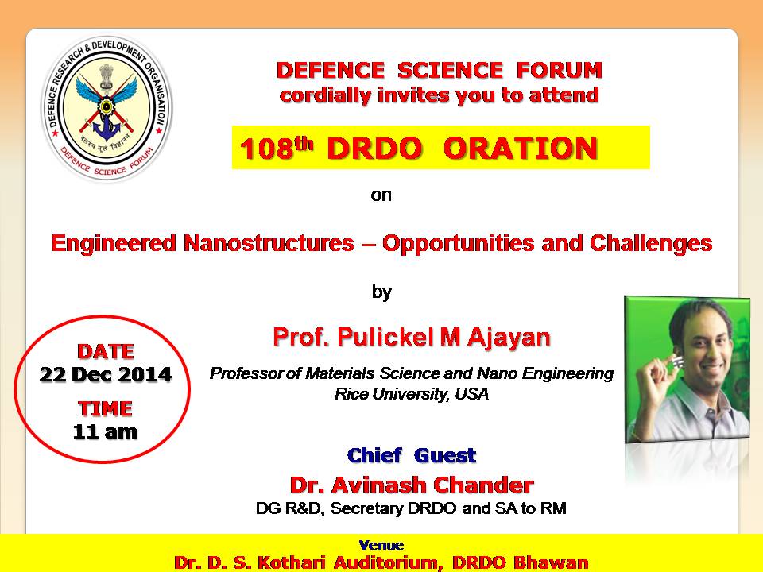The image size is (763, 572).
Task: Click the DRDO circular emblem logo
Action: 107,108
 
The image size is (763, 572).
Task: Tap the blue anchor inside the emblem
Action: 107,126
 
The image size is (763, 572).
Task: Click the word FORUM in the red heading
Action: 559,70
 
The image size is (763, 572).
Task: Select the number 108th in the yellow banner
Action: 276,148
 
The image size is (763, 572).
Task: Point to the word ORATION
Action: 520,149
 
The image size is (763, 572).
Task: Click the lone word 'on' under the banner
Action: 381,195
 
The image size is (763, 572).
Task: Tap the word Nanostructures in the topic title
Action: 269,243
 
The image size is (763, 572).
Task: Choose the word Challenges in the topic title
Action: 651,244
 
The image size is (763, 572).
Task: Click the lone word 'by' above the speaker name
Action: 382,292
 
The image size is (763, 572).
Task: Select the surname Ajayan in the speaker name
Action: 509,338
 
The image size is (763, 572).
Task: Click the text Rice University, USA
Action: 412,393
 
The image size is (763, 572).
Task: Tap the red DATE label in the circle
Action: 106,351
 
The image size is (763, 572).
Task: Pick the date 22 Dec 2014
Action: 106,374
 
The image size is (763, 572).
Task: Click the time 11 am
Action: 105,432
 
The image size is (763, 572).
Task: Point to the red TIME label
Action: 105,408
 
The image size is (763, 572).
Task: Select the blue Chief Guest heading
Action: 412,456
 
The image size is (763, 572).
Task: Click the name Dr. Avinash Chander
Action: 412,485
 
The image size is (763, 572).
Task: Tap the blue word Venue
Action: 381,545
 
